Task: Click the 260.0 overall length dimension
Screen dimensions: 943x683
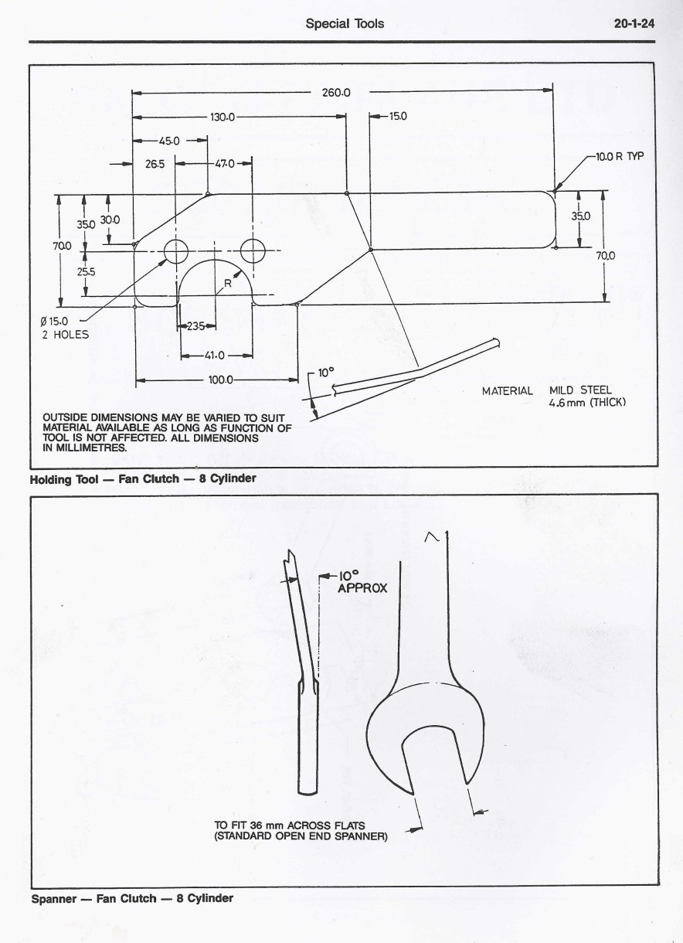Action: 336,93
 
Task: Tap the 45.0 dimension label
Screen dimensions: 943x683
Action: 169,141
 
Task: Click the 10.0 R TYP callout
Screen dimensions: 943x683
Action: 619,156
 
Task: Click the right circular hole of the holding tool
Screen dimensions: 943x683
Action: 253,250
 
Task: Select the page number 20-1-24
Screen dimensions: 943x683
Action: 634,24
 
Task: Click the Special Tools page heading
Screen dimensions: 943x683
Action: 345,24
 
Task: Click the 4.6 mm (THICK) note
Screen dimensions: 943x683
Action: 586,403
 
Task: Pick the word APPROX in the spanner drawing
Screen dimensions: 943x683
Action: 362,588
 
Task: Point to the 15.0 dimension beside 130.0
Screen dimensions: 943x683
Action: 398,117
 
